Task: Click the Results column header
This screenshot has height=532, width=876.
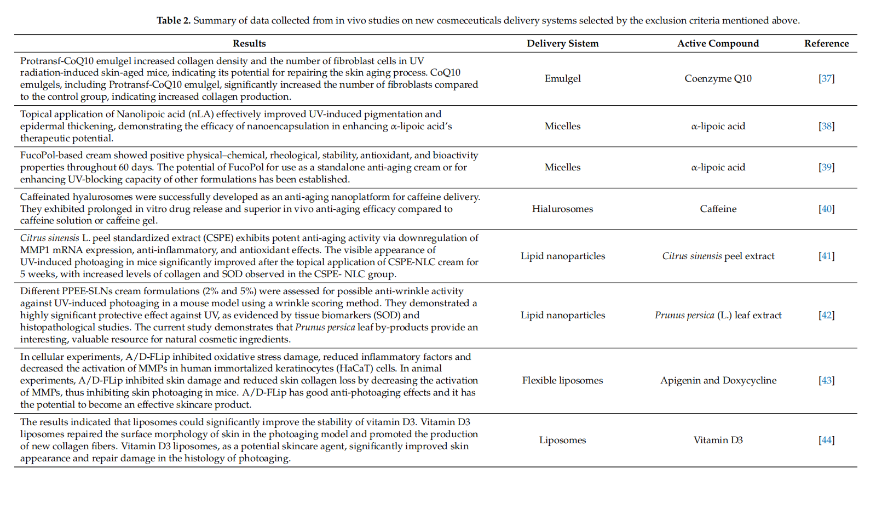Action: [x=249, y=43]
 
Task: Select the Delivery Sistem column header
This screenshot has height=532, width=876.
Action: [x=562, y=43]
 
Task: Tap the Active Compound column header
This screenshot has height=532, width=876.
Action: [x=718, y=43]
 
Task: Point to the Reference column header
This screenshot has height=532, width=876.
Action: [x=826, y=43]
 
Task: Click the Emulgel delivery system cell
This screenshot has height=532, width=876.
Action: [x=562, y=78]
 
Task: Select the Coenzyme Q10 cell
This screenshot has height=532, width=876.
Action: [x=718, y=78]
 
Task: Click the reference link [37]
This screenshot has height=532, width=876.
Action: [x=826, y=78]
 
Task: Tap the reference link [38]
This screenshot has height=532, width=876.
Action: [x=826, y=126]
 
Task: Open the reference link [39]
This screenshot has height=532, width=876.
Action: [x=826, y=167]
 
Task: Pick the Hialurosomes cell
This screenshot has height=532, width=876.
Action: [x=562, y=209]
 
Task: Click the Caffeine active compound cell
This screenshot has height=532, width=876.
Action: [x=718, y=209]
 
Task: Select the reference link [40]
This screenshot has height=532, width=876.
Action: [x=826, y=209]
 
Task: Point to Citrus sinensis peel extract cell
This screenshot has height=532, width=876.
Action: [x=718, y=256]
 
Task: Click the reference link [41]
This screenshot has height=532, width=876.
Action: [x=826, y=256]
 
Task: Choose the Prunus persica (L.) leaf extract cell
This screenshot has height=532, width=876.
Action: [x=718, y=315]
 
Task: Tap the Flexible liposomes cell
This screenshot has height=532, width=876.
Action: [x=562, y=380]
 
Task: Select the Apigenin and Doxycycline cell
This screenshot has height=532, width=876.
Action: [x=718, y=380]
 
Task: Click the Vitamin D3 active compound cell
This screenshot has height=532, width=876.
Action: [x=718, y=440]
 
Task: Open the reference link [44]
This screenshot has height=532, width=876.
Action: [x=826, y=440]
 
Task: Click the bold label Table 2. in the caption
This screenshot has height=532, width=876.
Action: [x=174, y=20]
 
